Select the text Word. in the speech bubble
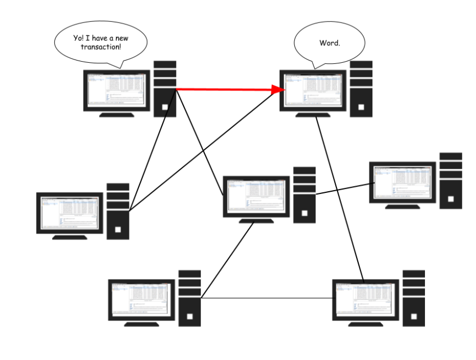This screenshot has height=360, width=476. coord(330,43)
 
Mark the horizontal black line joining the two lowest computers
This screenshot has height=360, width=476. coord(266,297)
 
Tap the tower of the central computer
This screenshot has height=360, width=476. coord(304,194)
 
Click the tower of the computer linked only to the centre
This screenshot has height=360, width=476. coord(451,180)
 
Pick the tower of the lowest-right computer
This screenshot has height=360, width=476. coord(414,298)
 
